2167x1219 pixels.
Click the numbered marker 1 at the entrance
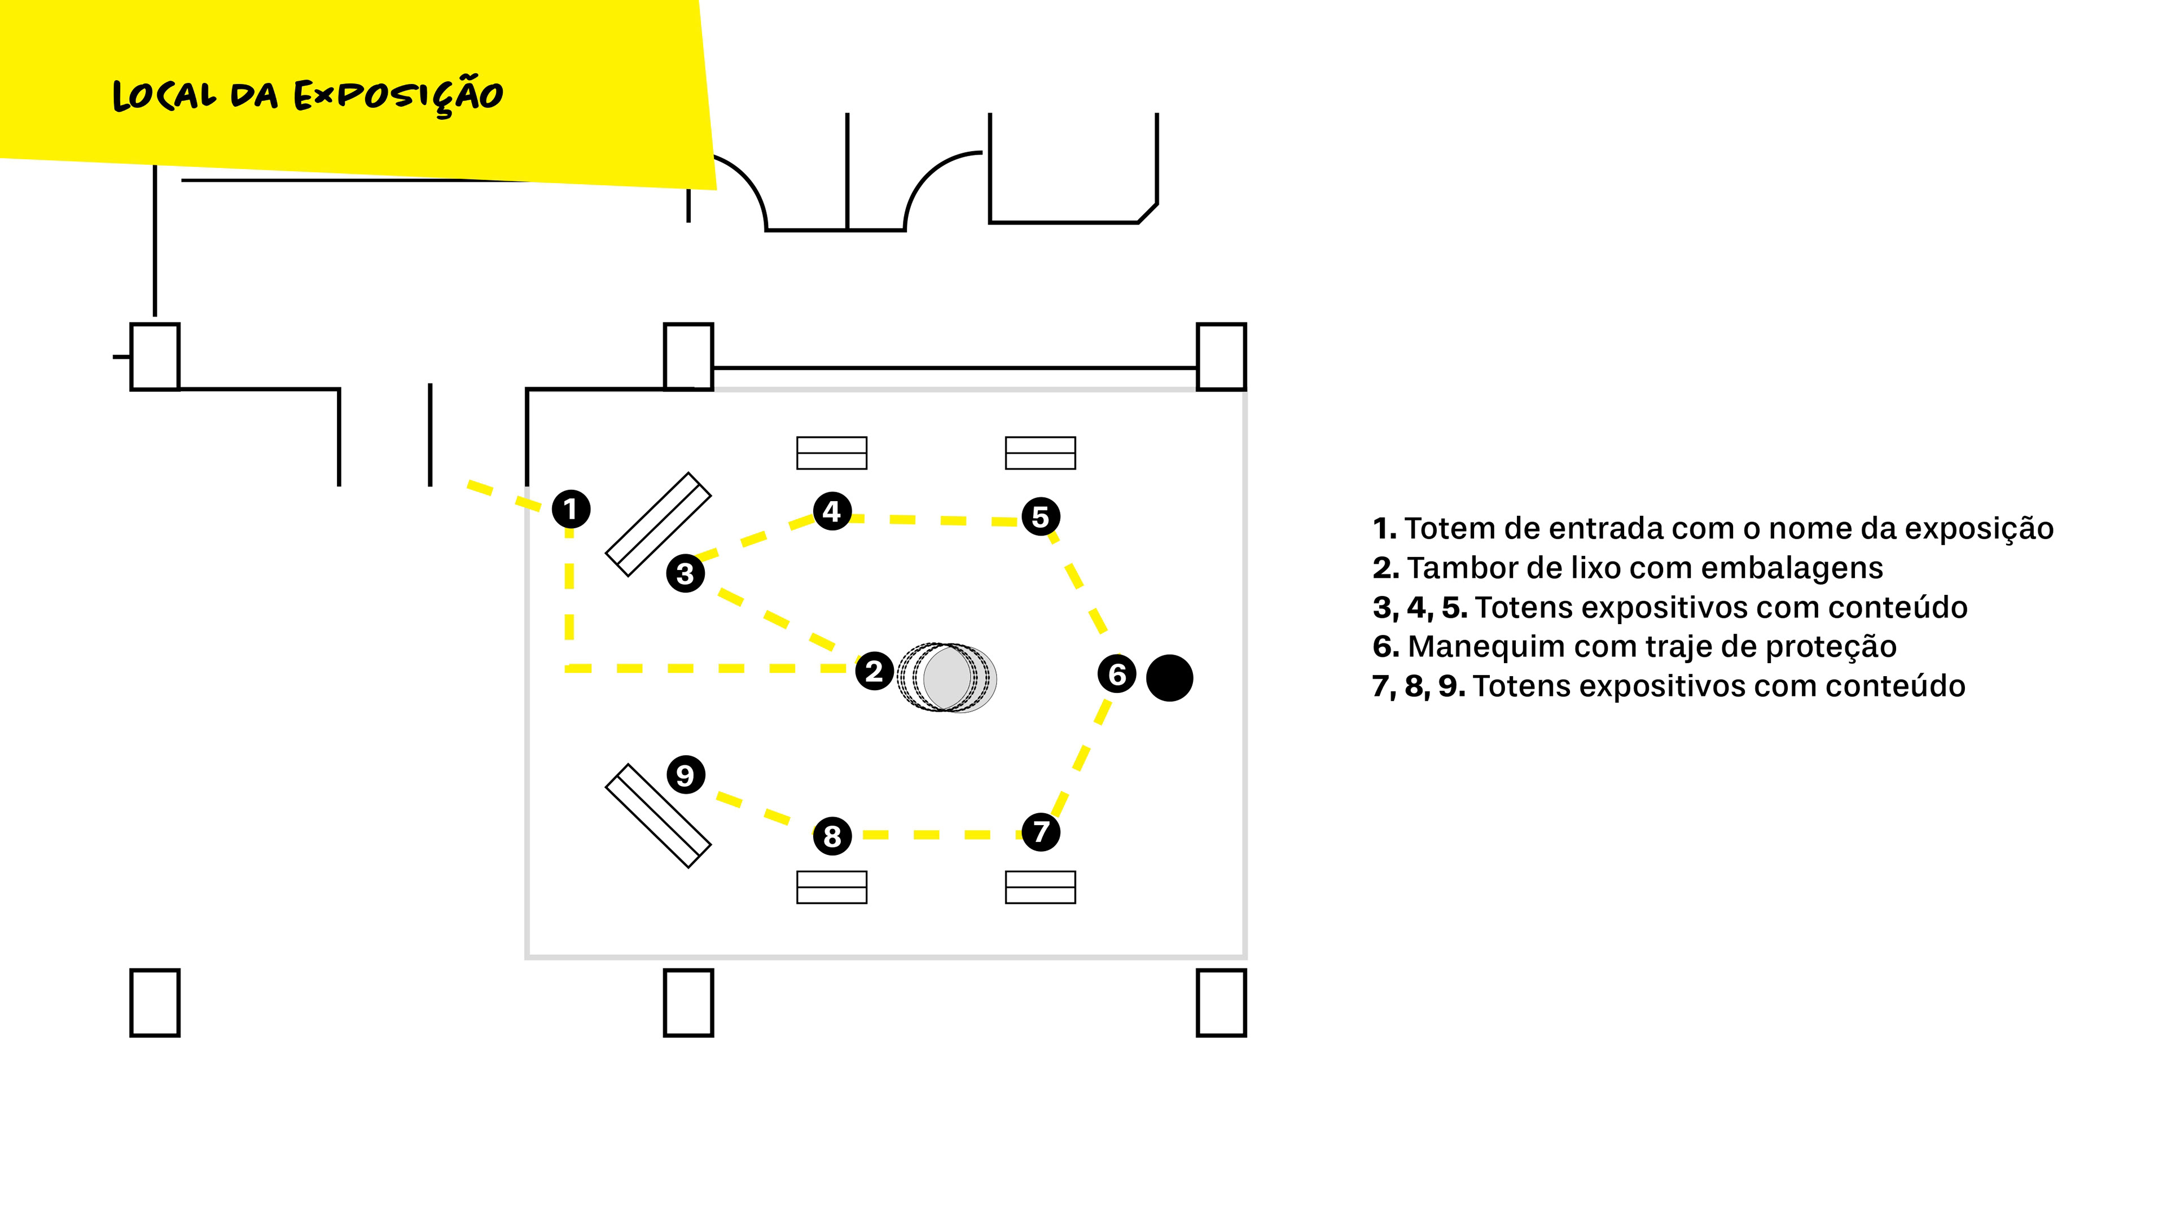(x=571, y=509)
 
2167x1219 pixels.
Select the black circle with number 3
(x=685, y=574)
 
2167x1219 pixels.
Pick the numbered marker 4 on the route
(x=832, y=511)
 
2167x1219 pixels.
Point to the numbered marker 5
(x=1041, y=516)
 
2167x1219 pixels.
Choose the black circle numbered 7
(x=1041, y=831)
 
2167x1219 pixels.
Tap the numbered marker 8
(x=832, y=836)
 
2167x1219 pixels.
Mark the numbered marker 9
(x=685, y=775)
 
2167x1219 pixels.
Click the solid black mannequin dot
(x=1169, y=677)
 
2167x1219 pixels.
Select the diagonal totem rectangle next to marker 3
(x=659, y=524)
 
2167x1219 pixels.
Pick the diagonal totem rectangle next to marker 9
(x=659, y=815)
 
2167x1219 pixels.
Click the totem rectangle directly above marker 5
(x=1041, y=453)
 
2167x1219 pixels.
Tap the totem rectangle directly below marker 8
(x=832, y=888)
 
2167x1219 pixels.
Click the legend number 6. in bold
(x=1385, y=646)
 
